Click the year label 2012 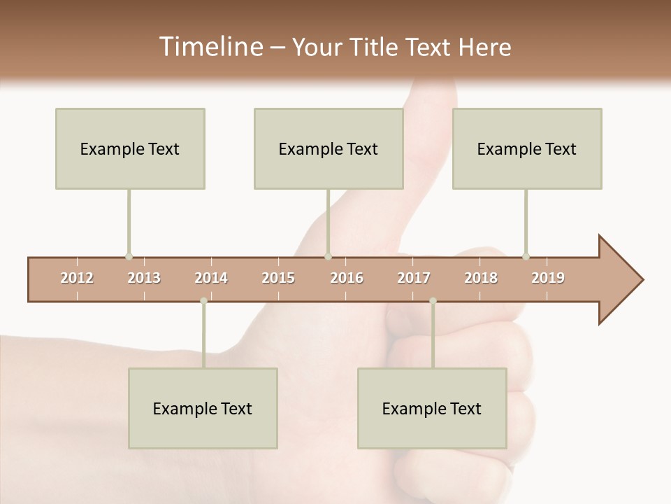pyautogui.click(x=77, y=278)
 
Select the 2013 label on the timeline pyautogui.click(x=144, y=278)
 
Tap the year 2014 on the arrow pyautogui.click(x=211, y=278)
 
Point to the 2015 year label pyautogui.click(x=278, y=278)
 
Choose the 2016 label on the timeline pyautogui.click(x=347, y=278)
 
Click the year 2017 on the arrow pyautogui.click(x=414, y=278)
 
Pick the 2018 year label pyautogui.click(x=481, y=278)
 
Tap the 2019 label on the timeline pyautogui.click(x=548, y=278)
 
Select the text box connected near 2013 pyautogui.click(x=130, y=148)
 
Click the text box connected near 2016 pyautogui.click(x=329, y=148)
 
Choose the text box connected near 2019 pyautogui.click(x=527, y=148)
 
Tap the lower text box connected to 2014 pyautogui.click(x=203, y=408)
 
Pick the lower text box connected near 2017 pyautogui.click(x=432, y=408)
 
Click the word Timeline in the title pyautogui.click(x=210, y=47)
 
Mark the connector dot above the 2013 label pyautogui.click(x=129, y=256)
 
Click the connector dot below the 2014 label pyautogui.click(x=203, y=301)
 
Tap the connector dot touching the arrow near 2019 pyautogui.click(x=526, y=256)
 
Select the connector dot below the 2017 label pyautogui.click(x=433, y=301)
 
